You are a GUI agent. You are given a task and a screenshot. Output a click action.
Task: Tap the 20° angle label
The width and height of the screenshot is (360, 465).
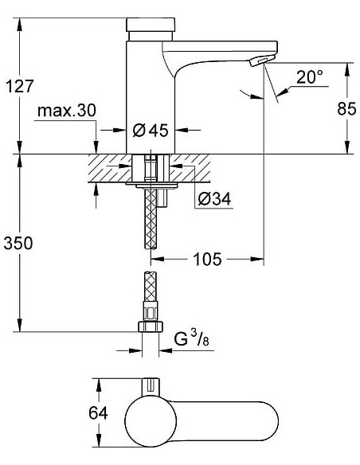click(309, 77)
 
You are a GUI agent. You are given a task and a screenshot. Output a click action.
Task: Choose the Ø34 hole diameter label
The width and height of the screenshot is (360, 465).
click(213, 199)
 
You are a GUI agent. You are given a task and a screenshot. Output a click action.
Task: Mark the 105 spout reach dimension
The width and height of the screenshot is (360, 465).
click(205, 259)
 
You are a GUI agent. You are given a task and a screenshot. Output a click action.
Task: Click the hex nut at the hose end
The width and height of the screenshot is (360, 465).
click(149, 328)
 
